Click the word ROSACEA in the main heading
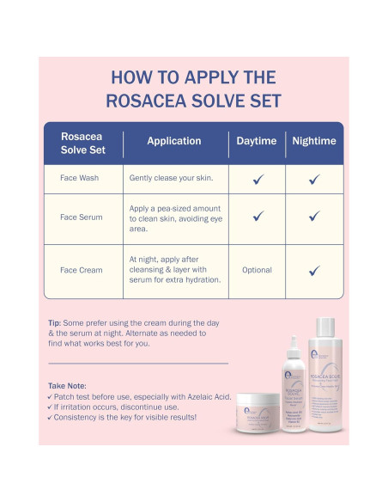[142, 100]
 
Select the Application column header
[173, 141]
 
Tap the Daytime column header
[257, 141]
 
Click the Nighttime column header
[313, 141]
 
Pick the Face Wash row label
[81, 179]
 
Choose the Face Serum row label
[81, 217]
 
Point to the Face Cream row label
[81, 270]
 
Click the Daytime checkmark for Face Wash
[257, 179]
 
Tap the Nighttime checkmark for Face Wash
[314, 179]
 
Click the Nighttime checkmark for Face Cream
[314, 270]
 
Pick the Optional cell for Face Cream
[257, 270]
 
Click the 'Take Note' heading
[68, 386]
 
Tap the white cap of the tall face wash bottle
[327, 327]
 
